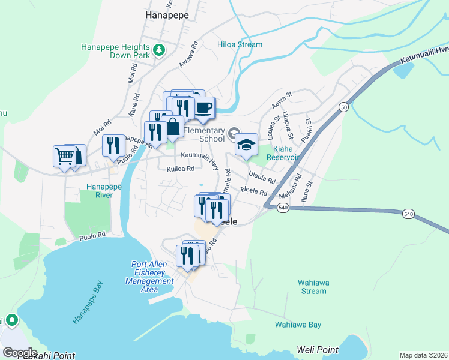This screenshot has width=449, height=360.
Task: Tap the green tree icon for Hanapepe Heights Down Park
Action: pos(159,50)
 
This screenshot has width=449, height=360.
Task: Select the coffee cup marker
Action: pos(203,108)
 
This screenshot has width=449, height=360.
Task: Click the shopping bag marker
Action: pos(173,127)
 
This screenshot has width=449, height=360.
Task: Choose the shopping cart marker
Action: pos(64,156)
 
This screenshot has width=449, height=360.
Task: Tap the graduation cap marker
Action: pos(246,145)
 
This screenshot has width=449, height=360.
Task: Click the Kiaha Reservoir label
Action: pos(286,153)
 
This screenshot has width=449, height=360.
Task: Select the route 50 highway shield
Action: pos(343,107)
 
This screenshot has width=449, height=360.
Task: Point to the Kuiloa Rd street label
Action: pos(181,169)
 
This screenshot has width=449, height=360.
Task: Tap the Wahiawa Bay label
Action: pos(298,325)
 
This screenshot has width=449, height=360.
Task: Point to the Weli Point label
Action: pos(318,349)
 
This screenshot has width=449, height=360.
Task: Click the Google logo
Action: pos(20,352)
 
